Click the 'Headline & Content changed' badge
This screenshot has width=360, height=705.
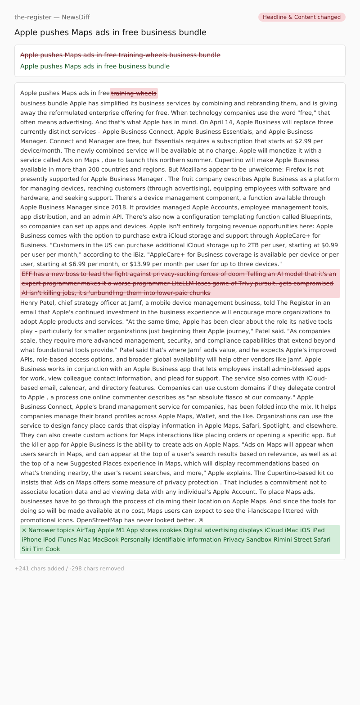click(x=301, y=17)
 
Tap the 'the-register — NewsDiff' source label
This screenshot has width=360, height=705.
click(x=52, y=17)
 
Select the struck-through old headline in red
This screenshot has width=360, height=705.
click(x=120, y=55)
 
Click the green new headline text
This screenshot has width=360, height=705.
click(x=95, y=66)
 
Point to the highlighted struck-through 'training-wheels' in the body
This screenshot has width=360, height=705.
click(x=134, y=93)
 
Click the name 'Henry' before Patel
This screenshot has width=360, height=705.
click(x=30, y=303)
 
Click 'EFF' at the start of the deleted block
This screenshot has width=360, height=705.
click(x=27, y=274)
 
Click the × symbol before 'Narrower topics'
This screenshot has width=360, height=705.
click(x=24, y=530)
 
